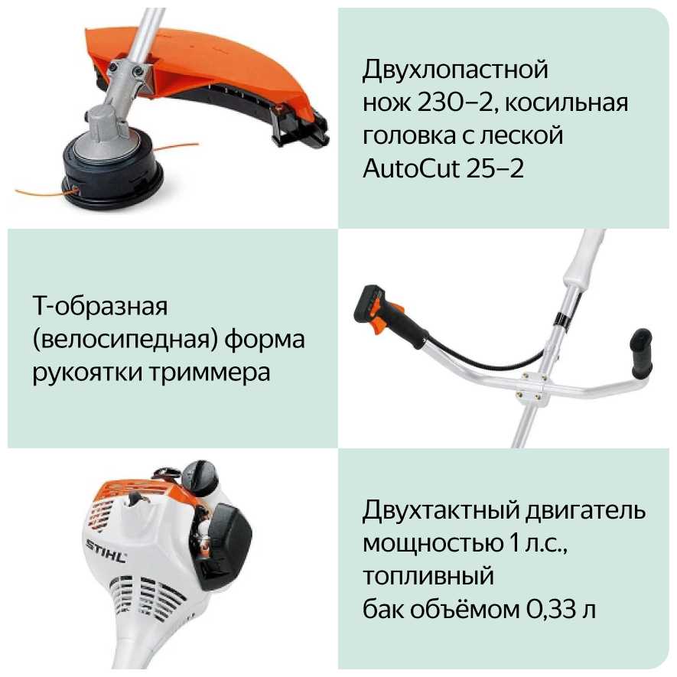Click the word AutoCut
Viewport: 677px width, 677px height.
pyautogui.click(x=411, y=168)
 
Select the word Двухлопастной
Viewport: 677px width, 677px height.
pyautogui.click(x=455, y=70)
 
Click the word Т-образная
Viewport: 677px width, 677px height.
pyautogui.click(x=99, y=306)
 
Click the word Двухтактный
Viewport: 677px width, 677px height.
pyautogui.click(x=441, y=510)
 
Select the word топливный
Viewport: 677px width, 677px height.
pyautogui.click(x=428, y=576)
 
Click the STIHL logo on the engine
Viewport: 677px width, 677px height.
pyautogui.click(x=106, y=552)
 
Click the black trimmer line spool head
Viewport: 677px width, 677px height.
pyautogui.click(x=112, y=172)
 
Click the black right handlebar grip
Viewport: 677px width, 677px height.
pyautogui.click(x=642, y=354)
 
